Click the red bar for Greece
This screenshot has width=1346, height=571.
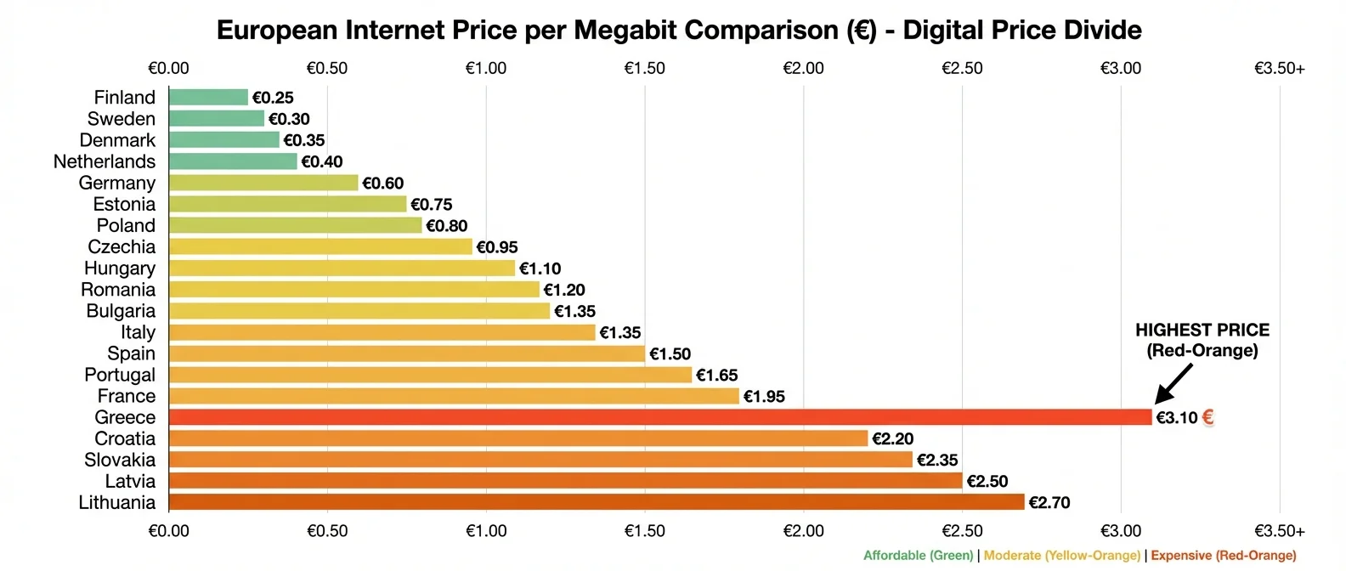click(659, 417)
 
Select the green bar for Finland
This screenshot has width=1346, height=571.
click(208, 98)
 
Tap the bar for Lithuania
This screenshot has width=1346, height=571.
click(597, 502)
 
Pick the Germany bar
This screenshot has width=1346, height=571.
click(263, 183)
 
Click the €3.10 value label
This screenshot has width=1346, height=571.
click(1176, 417)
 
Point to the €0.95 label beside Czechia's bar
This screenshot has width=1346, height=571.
click(497, 247)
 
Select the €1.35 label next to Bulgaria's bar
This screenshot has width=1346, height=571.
click(574, 311)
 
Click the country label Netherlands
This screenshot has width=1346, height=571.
click(105, 161)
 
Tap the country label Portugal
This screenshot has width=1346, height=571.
click(120, 375)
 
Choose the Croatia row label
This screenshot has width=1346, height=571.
click(125, 438)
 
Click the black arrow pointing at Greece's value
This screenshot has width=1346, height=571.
click(1174, 383)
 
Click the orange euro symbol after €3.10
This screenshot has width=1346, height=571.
click(1207, 417)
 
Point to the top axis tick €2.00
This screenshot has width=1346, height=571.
click(803, 68)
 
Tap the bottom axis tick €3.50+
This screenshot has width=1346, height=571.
click(1279, 531)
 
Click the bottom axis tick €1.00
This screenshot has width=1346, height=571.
click(485, 531)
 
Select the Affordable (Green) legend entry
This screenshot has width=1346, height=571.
click(918, 556)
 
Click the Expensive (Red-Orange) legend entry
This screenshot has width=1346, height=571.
click(1224, 556)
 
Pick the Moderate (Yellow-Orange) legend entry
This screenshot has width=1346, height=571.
click(1061, 556)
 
